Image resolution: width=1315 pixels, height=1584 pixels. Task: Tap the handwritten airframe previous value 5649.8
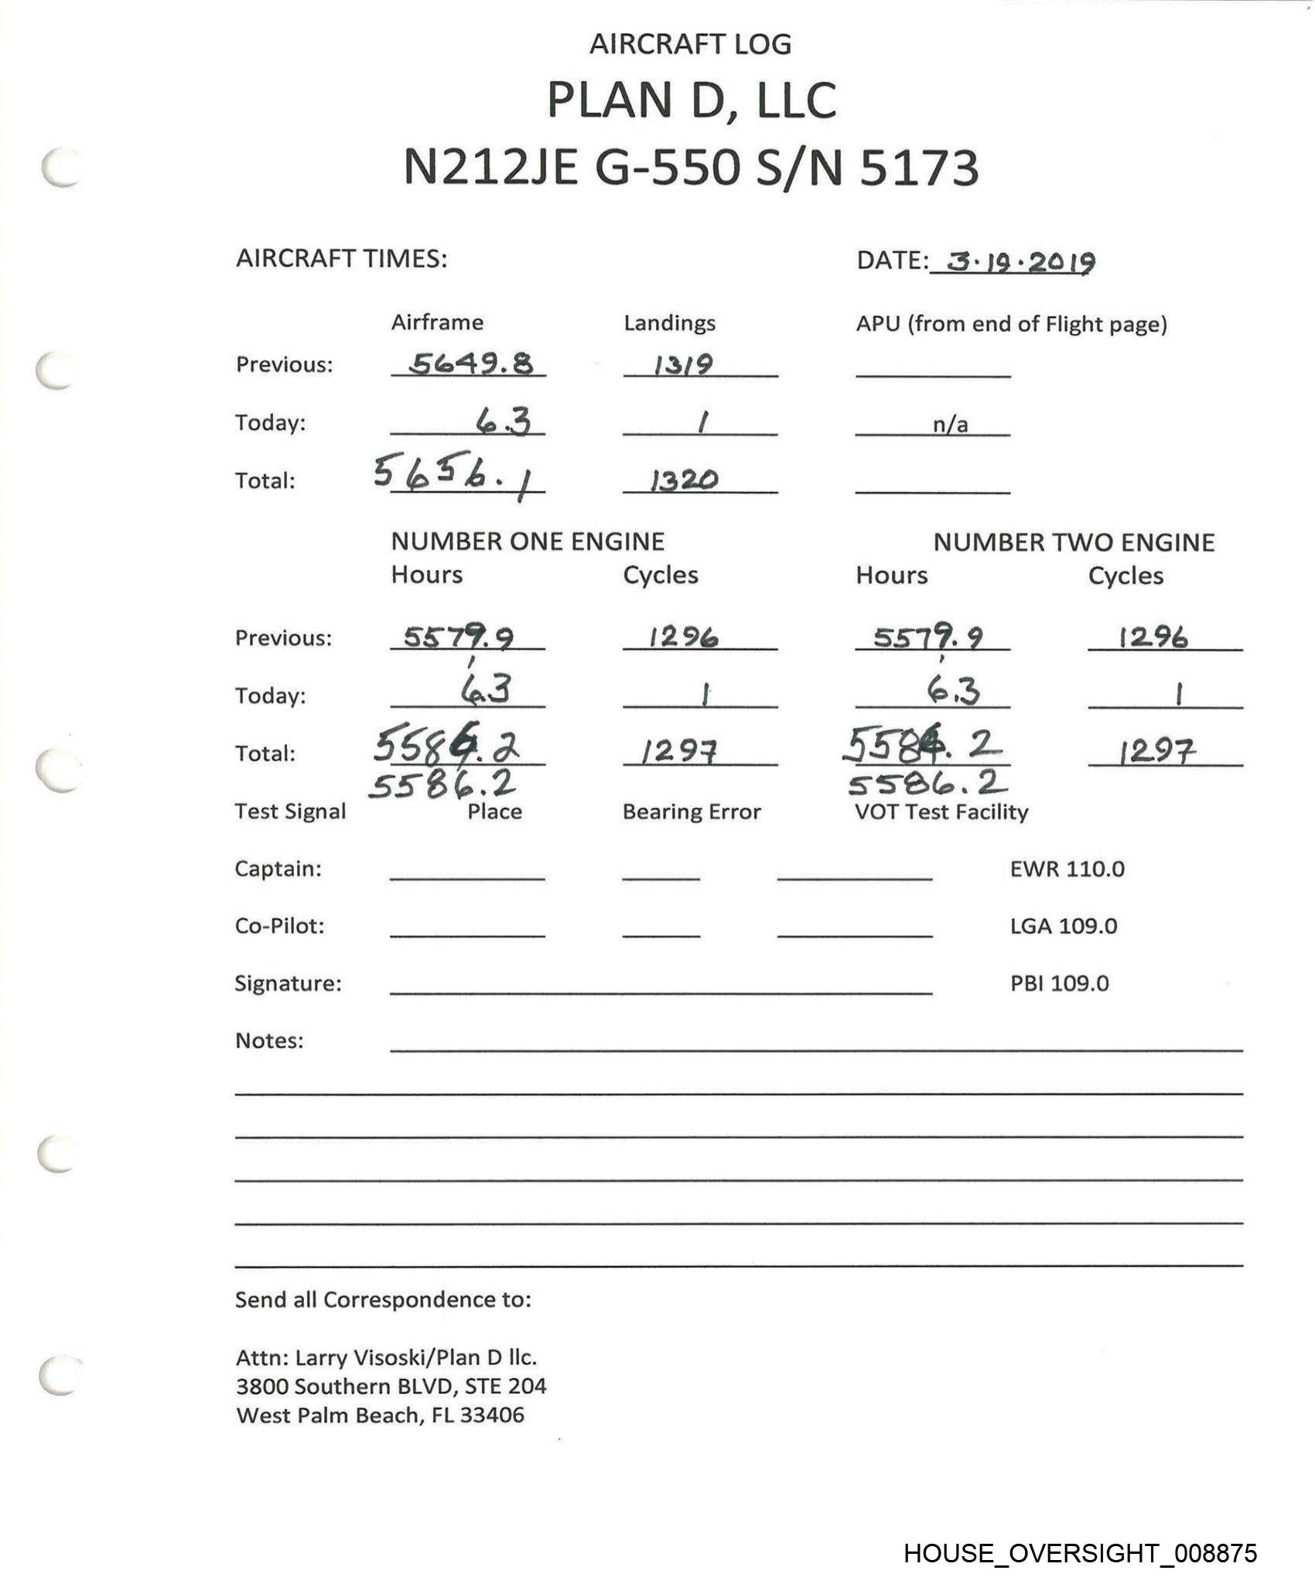(470, 363)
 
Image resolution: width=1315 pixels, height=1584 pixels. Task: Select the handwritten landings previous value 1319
(682, 364)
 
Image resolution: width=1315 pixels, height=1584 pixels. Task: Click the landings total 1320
(684, 480)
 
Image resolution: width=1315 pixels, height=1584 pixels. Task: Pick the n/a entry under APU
(950, 424)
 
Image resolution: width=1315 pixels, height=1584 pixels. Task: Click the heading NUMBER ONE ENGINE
(528, 541)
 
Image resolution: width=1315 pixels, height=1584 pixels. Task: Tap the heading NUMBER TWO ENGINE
(1074, 542)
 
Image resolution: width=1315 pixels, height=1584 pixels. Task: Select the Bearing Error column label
(692, 811)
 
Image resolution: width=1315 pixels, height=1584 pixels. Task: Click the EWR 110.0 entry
(1067, 869)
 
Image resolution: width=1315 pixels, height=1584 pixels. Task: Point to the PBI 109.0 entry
(1059, 983)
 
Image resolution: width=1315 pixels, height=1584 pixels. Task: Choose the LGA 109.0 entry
(1063, 926)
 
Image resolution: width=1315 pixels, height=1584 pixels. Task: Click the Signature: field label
(288, 983)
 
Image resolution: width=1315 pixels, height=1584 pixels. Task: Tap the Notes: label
(269, 1040)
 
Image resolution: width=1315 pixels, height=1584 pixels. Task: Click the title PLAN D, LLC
(692, 100)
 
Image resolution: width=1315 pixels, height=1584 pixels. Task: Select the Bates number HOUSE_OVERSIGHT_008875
(1080, 1553)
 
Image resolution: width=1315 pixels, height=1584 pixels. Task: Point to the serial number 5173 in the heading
(919, 168)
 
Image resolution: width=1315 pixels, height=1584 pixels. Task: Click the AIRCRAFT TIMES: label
(341, 258)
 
